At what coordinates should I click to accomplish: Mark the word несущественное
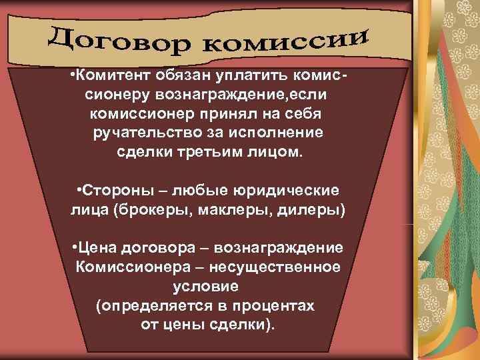(x=285, y=268)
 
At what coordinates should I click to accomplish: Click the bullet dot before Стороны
(x=79, y=191)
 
